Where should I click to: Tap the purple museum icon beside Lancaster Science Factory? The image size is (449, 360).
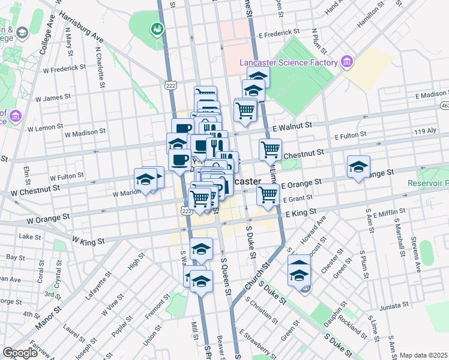pyautogui.click(x=346, y=62)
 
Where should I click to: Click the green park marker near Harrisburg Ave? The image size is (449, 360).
pyautogui.click(x=157, y=28)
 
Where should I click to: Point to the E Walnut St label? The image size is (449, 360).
pyautogui.click(x=292, y=127)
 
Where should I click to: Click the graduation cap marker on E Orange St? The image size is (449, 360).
pyautogui.click(x=358, y=167)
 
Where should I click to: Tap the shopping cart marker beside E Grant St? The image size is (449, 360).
pyautogui.click(x=267, y=193)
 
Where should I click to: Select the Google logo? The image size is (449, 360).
pyautogui.click(x=20, y=352)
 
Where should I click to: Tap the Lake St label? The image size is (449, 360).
pyautogui.click(x=29, y=237)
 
